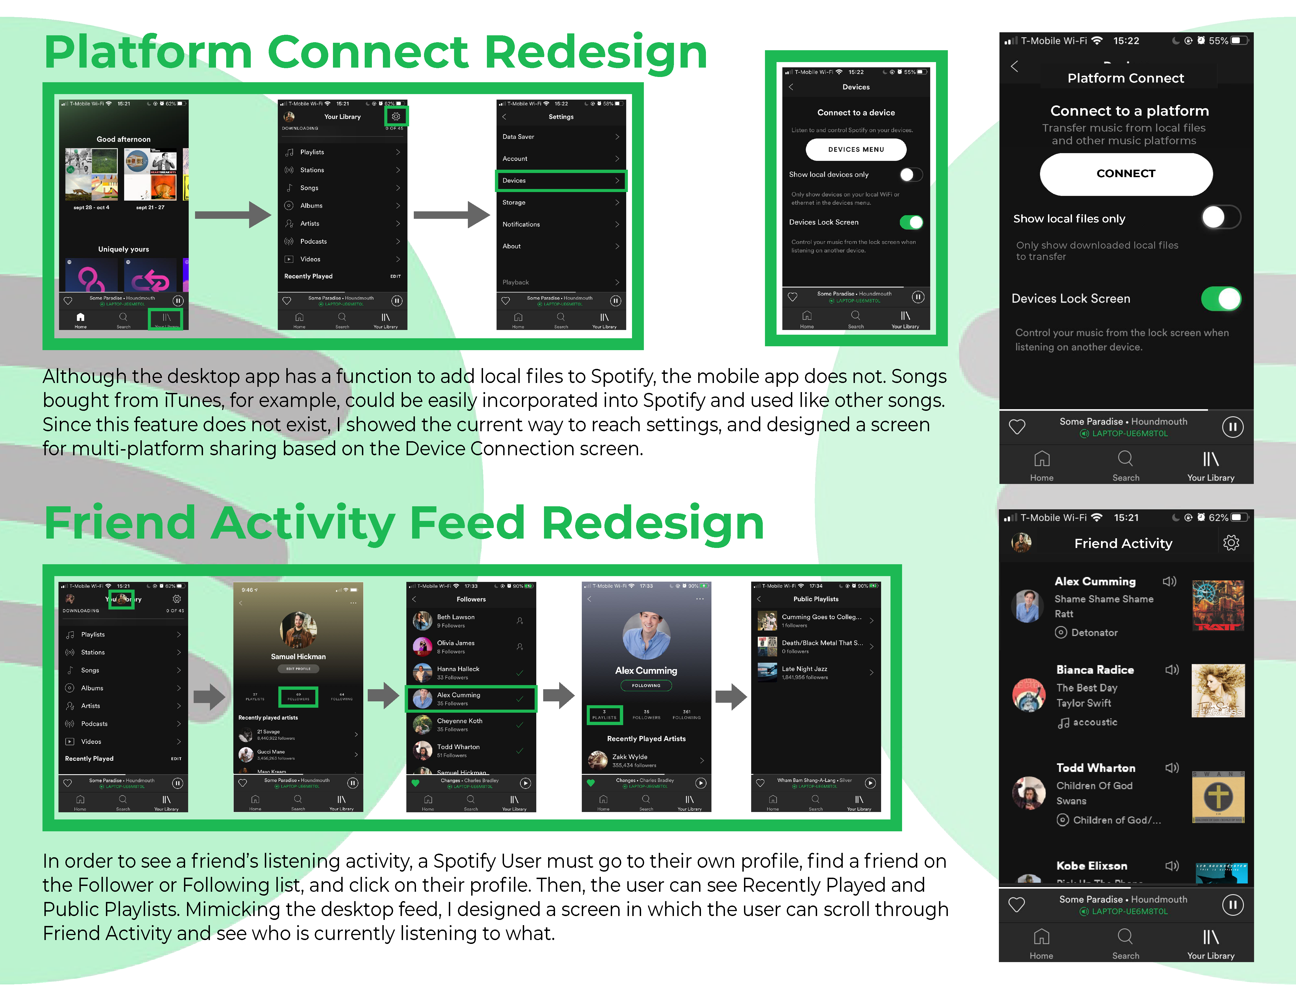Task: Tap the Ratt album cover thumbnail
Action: [x=1218, y=605]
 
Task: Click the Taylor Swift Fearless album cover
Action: [x=1218, y=691]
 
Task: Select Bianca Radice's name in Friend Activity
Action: [x=1095, y=669]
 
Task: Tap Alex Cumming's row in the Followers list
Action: [x=471, y=698]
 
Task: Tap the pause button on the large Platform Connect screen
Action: [x=1232, y=427]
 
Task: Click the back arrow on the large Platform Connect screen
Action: [x=1015, y=66]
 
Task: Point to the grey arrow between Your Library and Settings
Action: [x=451, y=215]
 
